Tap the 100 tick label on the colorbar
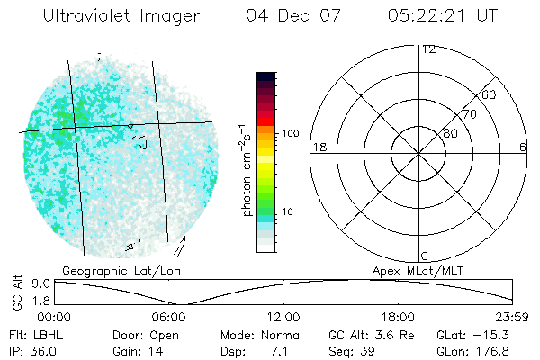[x=290, y=133]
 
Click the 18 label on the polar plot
[x=318, y=148]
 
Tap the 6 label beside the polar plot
[x=522, y=148]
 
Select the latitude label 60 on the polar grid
[x=490, y=94]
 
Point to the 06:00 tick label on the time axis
[x=168, y=318]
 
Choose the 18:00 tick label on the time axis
[x=398, y=318]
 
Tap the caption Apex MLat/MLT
[x=418, y=270]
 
